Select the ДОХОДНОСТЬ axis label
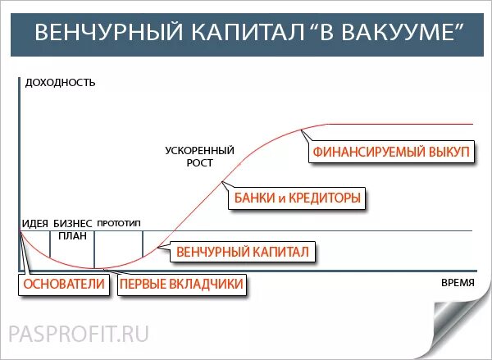[61, 82]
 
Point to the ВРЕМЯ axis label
[458, 281]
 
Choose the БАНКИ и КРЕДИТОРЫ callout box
[298, 198]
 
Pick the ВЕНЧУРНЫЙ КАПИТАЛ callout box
[243, 251]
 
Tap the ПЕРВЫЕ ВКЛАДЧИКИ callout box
[183, 285]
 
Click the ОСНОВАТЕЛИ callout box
[65, 285]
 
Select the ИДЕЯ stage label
[34, 223]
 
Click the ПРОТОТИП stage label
[119, 223]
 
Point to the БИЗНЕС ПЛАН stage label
[73, 229]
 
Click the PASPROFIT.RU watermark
[79, 334]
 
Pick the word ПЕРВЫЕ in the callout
[148, 285]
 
